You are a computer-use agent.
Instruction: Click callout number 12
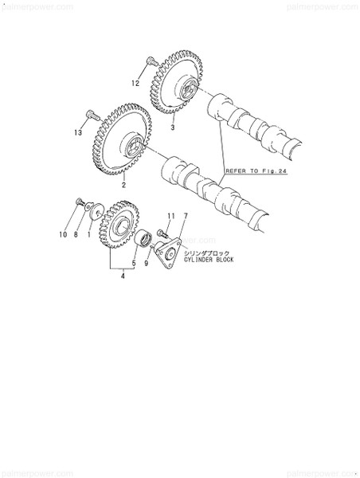click(x=135, y=83)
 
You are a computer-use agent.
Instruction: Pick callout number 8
click(x=76, y=235)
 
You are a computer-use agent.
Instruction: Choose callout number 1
click(x=89, y=235)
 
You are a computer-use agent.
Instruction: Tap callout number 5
click(x=134, y=263)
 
